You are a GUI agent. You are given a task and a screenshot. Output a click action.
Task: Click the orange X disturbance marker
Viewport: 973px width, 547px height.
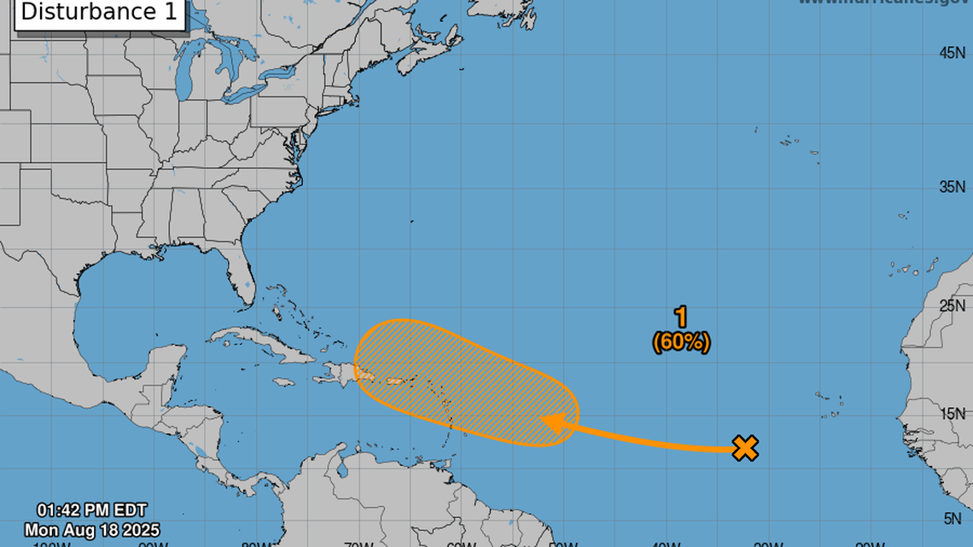[745, 448]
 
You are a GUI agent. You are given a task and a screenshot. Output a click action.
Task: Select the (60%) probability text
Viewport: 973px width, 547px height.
[681, 342]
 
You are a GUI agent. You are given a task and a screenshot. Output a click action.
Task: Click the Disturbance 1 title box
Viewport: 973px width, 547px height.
[100, 13]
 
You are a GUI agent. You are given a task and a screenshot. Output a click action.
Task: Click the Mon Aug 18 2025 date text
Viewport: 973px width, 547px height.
[92, 530]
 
